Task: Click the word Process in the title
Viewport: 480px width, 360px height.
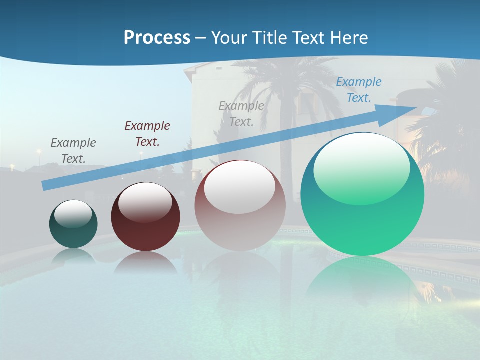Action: click(157, 38)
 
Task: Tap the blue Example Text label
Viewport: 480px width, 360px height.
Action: click(358, 90)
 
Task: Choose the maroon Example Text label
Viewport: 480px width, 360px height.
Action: click(147, 134)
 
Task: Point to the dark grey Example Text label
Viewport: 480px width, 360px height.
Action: click(73, 151)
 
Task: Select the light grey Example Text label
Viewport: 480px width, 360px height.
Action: click(241, 114)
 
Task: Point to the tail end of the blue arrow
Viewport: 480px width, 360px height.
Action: click(46, 185)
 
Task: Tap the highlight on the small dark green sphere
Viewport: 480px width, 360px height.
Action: click(73, 214)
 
